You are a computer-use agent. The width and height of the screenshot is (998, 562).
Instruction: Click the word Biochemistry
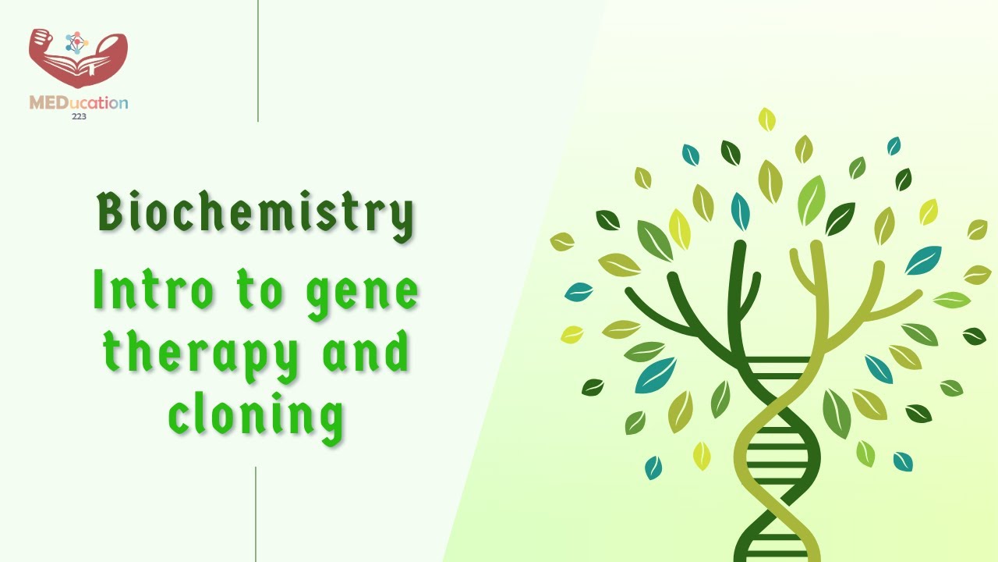click(255, 213)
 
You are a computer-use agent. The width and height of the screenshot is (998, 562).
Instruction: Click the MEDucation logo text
click(78, 103)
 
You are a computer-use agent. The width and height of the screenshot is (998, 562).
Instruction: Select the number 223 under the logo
click(78, 116)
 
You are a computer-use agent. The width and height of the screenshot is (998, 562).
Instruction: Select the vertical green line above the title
click(257, 61)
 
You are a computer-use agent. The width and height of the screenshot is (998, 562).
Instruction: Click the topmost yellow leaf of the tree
click(767, 119)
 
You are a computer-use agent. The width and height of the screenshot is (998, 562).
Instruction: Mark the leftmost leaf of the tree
click(561, 242)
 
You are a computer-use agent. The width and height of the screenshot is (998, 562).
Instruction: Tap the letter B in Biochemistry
click(111, 212)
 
